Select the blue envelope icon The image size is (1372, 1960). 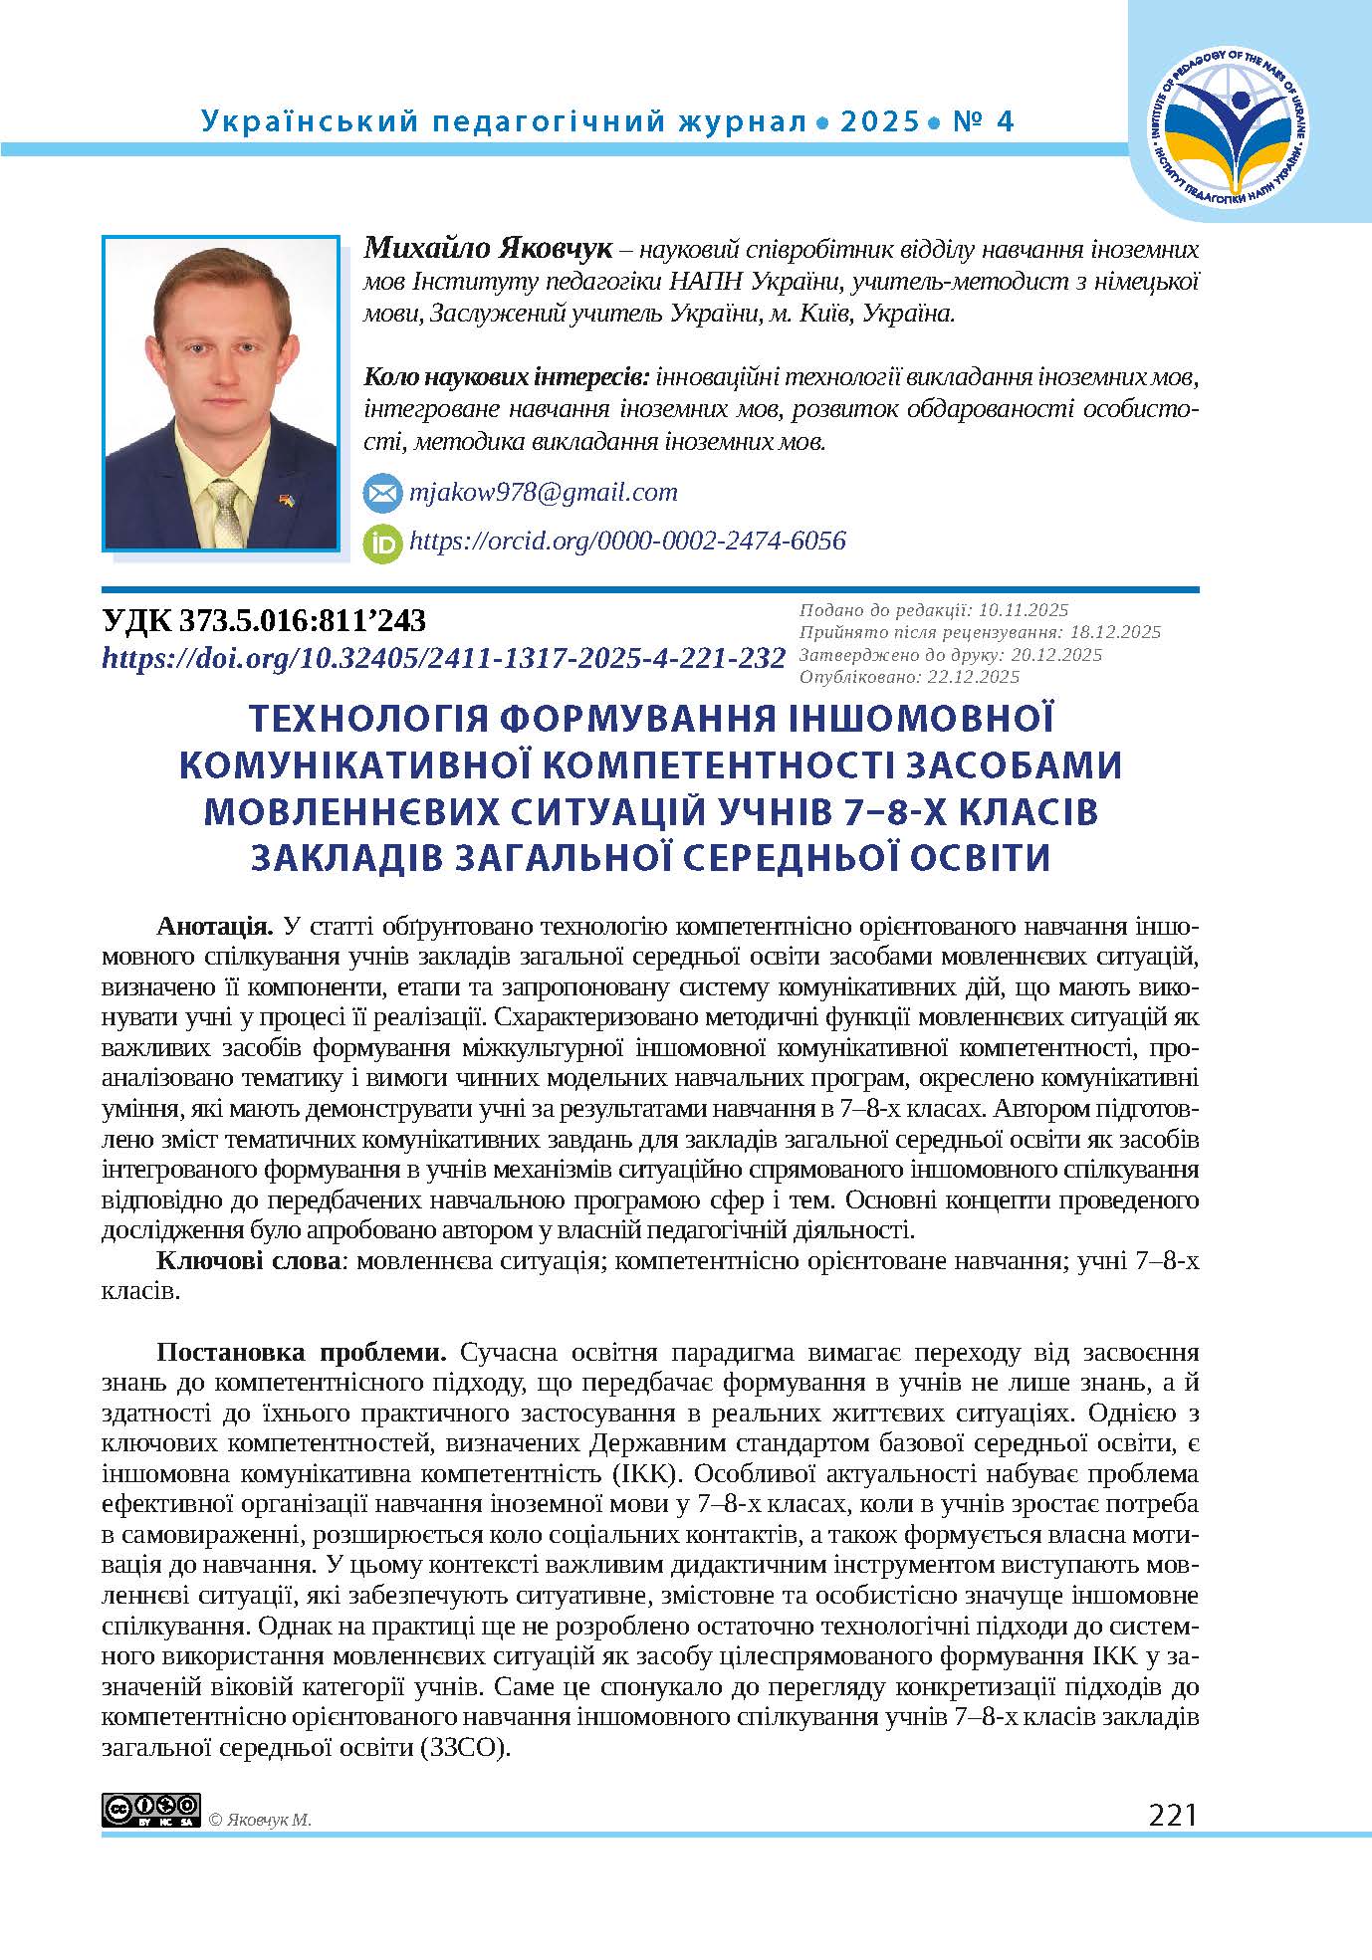pos(382,493)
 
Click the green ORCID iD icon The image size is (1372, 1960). pos(382,543)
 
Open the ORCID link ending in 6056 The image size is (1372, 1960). pos(627,542)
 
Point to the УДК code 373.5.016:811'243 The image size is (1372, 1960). pos(265,621)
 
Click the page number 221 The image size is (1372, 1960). pos(1172,1815)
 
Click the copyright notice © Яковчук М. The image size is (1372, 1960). pos(261,1820)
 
